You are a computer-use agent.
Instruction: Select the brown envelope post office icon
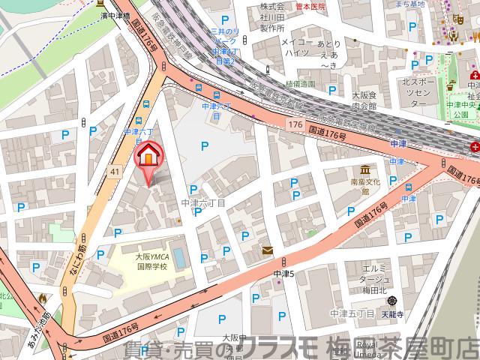coord(268,250)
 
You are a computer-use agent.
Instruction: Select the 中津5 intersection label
coord(286,274)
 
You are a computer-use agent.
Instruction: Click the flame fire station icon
coord(43,298)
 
